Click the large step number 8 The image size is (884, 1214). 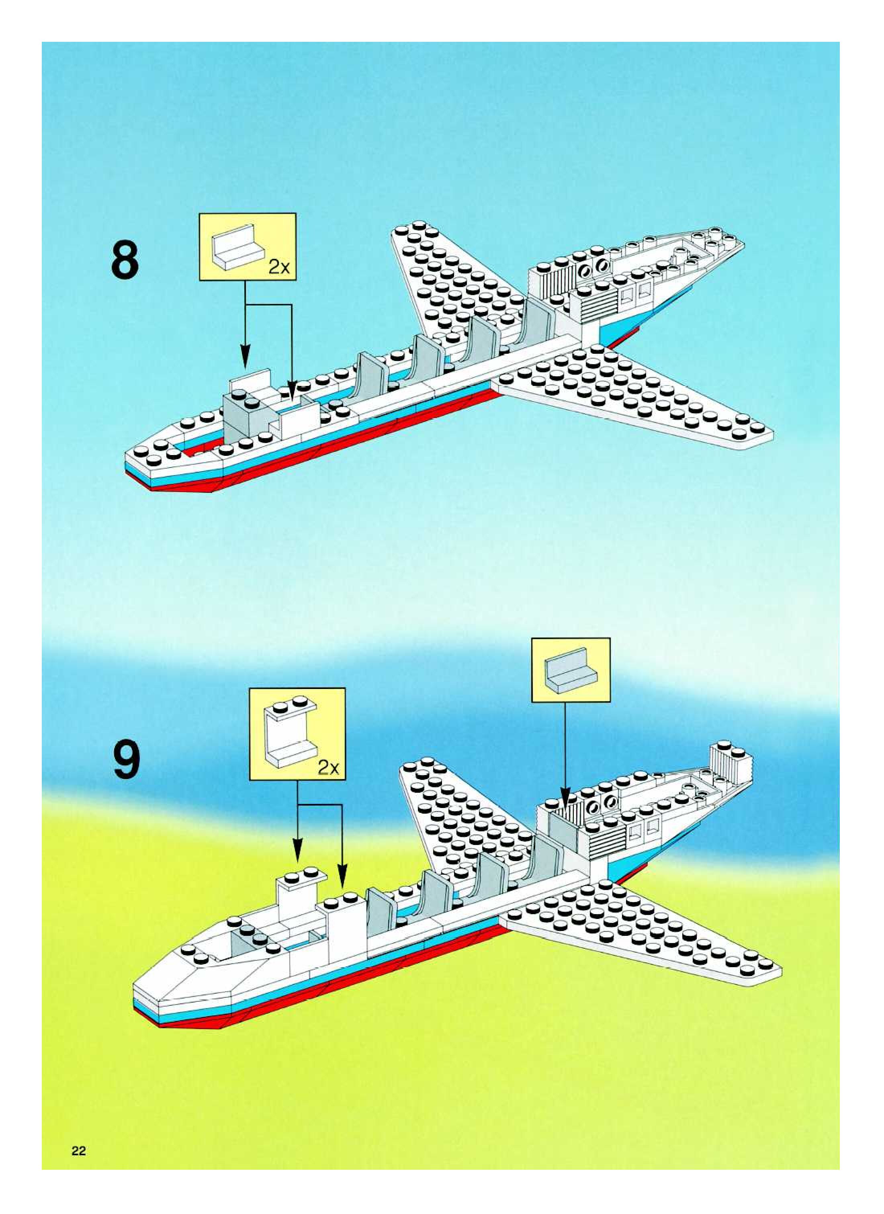pyautogui.click(x=125, y=260)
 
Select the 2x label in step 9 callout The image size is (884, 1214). pyautogui.click(x=328, y=768)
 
